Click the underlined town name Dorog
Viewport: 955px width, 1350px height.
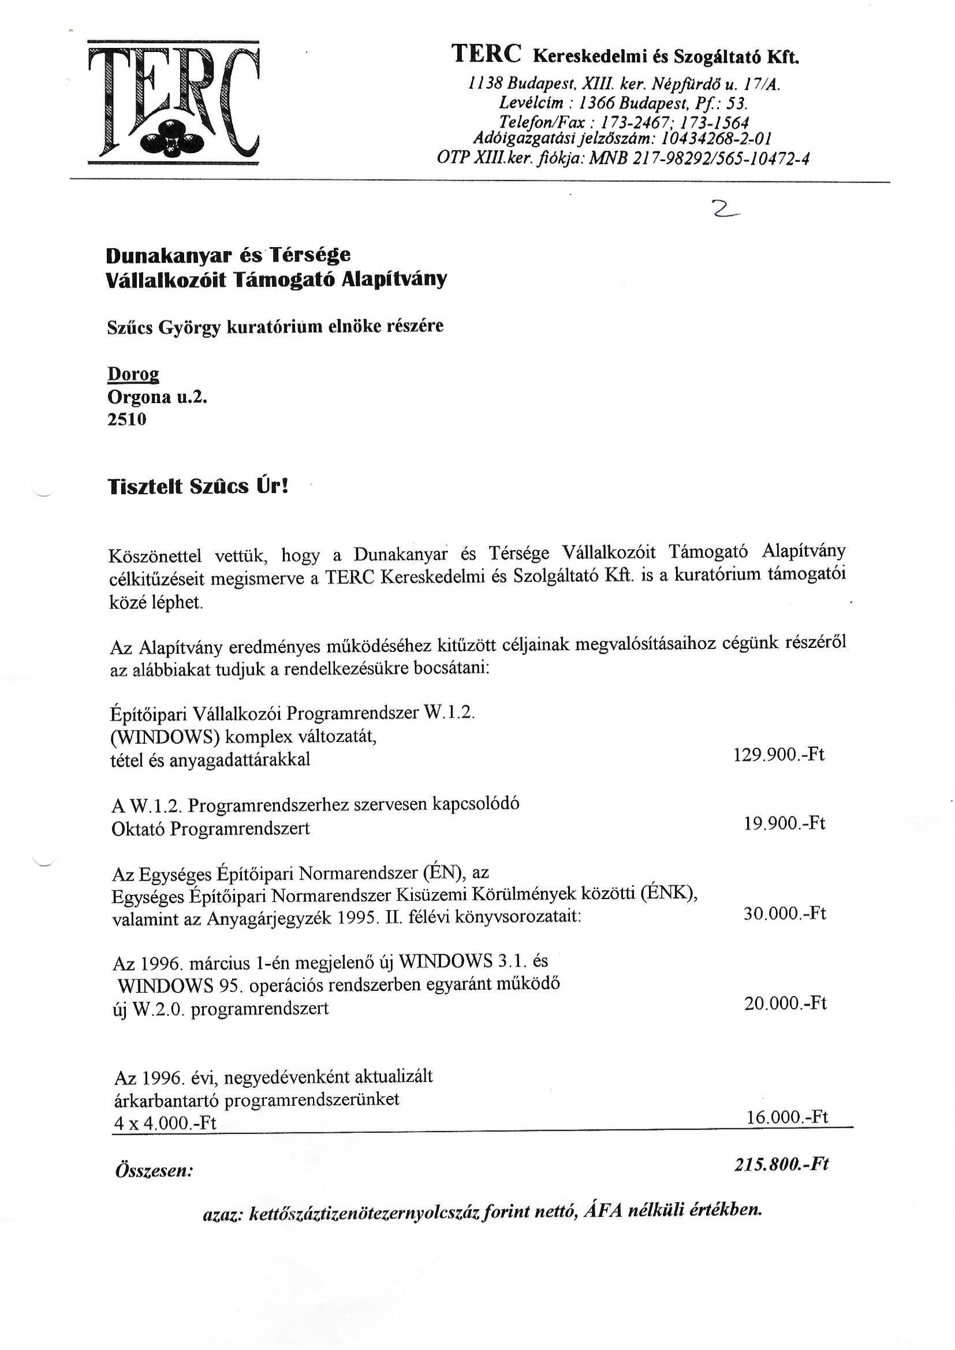coord(133,375)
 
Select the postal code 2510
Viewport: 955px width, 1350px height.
coord(126,420)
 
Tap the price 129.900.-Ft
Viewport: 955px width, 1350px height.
coord(778,754)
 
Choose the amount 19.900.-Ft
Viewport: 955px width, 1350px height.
coord(785,823)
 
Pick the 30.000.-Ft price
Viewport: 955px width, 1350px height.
coord(785,913)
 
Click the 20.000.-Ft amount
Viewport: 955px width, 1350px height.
coord(785,1003)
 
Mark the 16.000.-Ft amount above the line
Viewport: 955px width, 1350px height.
coord(787,1117)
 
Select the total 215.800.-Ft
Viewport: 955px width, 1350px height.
coord(782,1164)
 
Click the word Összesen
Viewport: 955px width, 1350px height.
coord(154,1170)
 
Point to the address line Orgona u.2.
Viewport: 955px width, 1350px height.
coord(158,397)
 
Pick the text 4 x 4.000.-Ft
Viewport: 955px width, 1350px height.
coord(165,1124)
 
